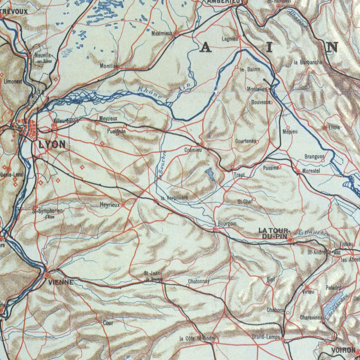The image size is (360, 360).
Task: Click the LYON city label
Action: (x=52, y=145)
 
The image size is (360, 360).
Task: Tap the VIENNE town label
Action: (x=61, y=283)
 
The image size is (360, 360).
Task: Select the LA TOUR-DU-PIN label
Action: (x=274, y=233)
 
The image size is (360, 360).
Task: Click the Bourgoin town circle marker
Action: (x=215, y=229)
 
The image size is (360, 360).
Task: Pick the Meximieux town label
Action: (x=162, y=33)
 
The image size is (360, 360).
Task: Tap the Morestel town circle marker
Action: (x=298, y=171)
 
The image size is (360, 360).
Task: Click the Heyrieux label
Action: (x=109, y=205)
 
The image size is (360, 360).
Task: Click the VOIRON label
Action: (x=343, y=350)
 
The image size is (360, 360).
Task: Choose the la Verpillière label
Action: (x=174, y=198)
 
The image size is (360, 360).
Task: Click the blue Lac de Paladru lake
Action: (x=333, y=305)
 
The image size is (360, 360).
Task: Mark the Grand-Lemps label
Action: (x=266, y=337)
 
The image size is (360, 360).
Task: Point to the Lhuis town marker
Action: (x=325, y=128)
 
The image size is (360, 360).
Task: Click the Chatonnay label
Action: (x=199, y=281)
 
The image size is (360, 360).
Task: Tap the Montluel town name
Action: (x=110, y=66)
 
